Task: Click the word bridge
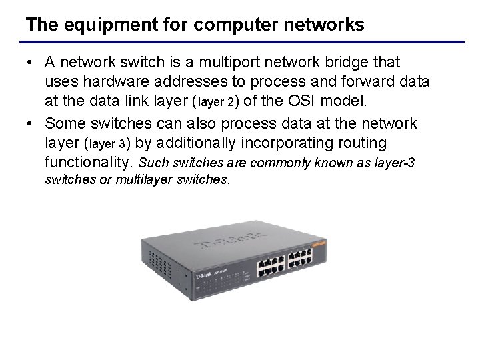click(361, 63)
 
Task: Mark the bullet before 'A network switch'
click(31, 63)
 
